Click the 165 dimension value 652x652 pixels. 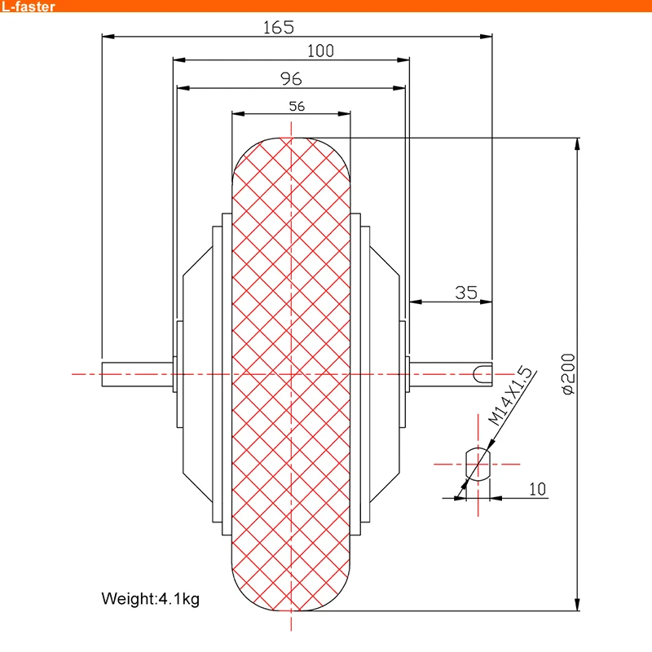tap(278, 27)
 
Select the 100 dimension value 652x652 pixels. tap(320, 51)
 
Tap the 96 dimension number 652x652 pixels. tap(291, 78)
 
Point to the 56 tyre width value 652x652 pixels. tap(297, 106)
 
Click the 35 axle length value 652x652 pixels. tap(465, 293)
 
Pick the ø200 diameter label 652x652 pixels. tap(568, 375)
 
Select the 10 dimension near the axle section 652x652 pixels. tap(537, 489)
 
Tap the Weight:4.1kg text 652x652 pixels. tap(150, 599)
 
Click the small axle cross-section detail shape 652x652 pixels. tap(477, 464)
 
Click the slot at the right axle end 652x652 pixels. tap(483, 374)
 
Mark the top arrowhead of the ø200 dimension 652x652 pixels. tap(578, 144)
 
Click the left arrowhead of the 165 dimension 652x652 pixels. tap(108, 36)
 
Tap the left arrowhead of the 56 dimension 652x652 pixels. tap(237, 114)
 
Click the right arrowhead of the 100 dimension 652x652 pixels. tap(403, 59)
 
